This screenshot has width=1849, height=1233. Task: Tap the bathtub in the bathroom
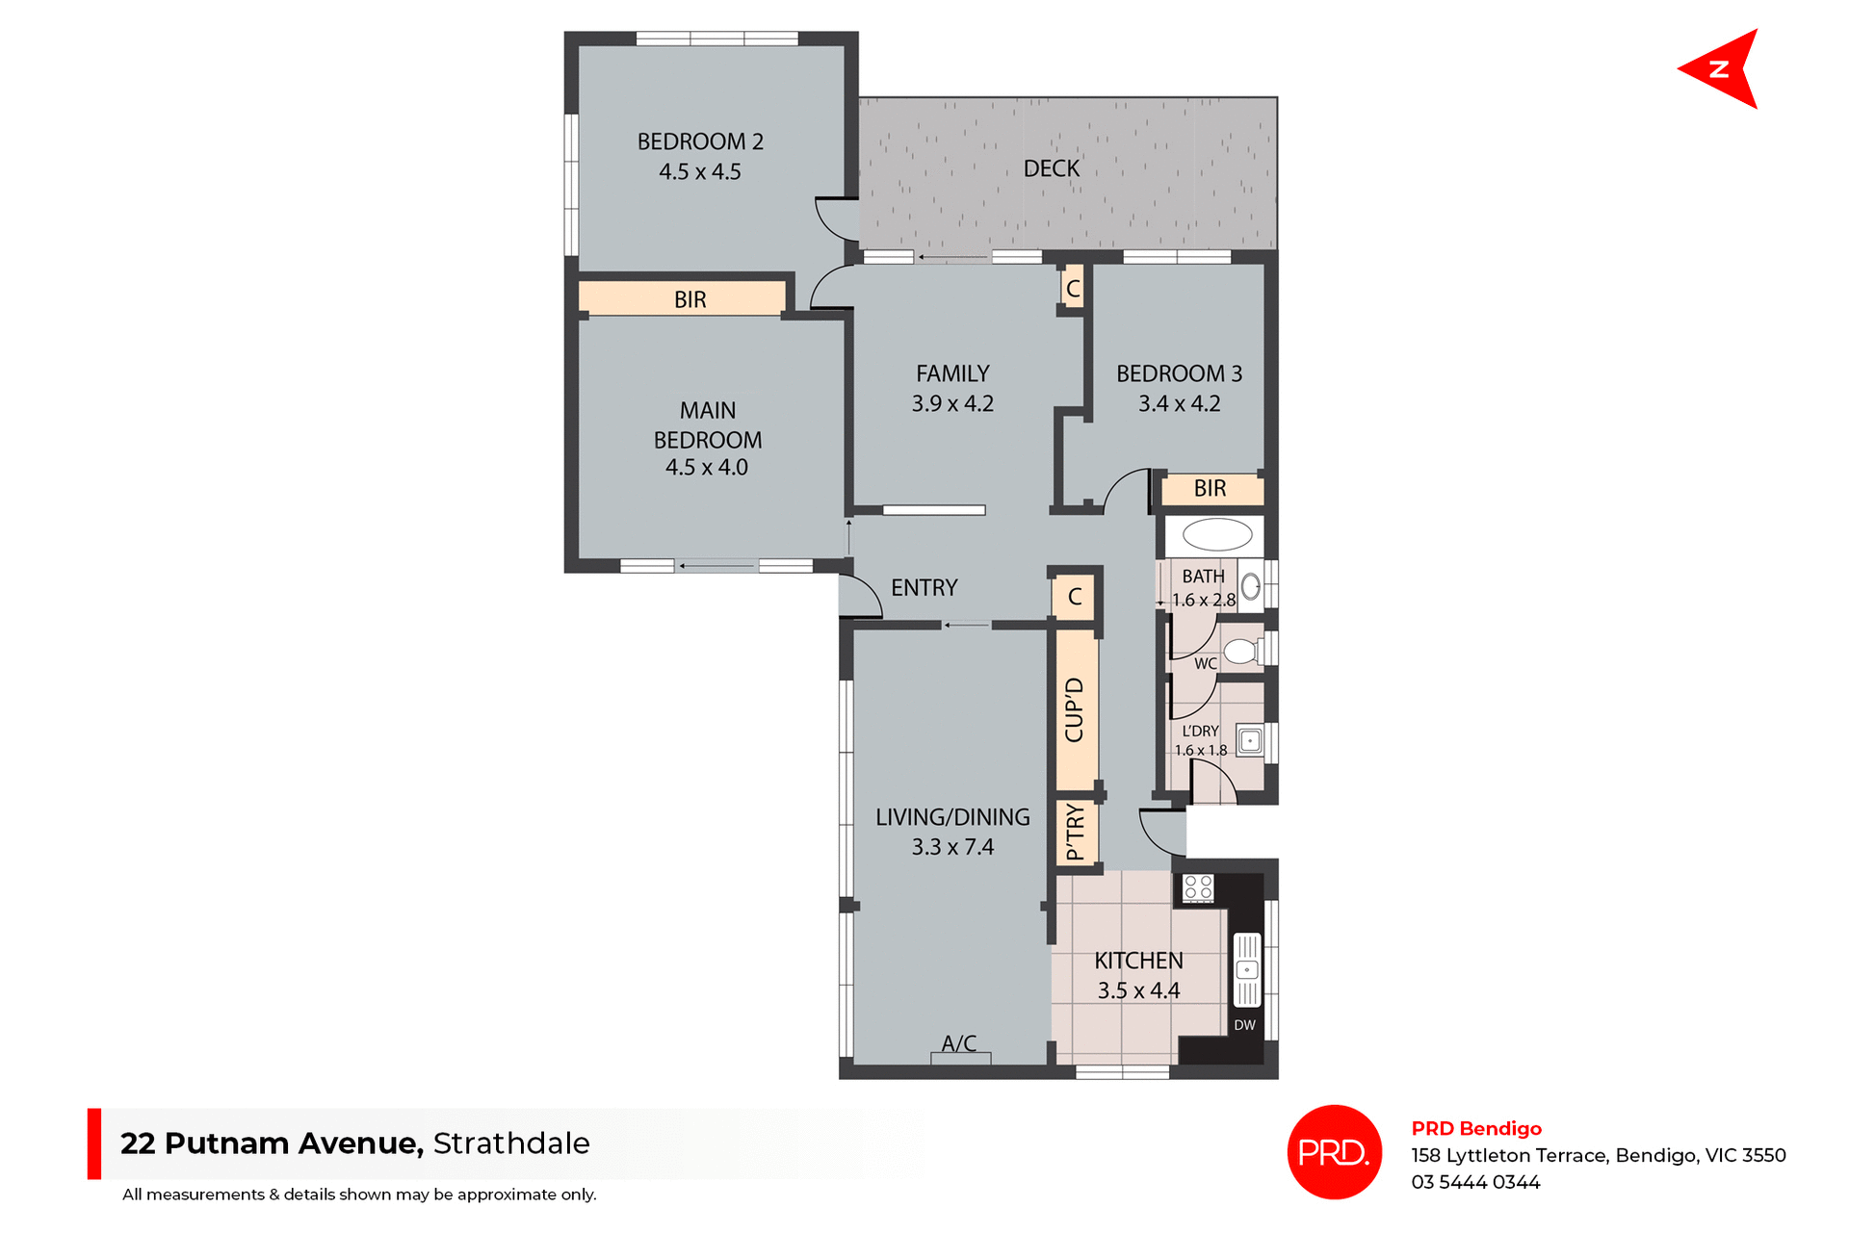tap(1216, 534)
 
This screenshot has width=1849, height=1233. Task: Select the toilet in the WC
tap(1241, 652)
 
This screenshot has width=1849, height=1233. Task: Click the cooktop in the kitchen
tap(1198, 887)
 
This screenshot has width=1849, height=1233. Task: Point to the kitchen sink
tap(1247, 969)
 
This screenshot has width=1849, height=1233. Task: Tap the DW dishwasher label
tap(1245, 1025)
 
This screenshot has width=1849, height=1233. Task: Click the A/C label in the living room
tap(959, 1043)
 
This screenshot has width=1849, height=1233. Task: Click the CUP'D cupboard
tap(1076, 709)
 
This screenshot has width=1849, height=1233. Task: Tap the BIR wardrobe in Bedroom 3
tap(1211, 489)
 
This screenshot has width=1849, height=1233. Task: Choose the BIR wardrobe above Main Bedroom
tap(690, 299)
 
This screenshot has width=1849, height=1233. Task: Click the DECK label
tap(1052, 169)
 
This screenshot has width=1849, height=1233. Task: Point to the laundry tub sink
tap(1250, 740)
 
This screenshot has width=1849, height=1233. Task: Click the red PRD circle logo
tap(1334, 1151)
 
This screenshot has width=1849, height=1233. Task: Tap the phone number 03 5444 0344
tap(1475, 1182)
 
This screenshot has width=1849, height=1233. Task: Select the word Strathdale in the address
tap(511, 1143)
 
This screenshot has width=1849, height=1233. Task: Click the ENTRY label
tap(924, 588)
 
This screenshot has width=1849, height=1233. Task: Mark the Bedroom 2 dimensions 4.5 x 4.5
tap(700, 172)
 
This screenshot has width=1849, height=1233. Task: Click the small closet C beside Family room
tap(1073, 289)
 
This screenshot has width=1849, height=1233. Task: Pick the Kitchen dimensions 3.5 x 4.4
tap(1138, 990)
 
